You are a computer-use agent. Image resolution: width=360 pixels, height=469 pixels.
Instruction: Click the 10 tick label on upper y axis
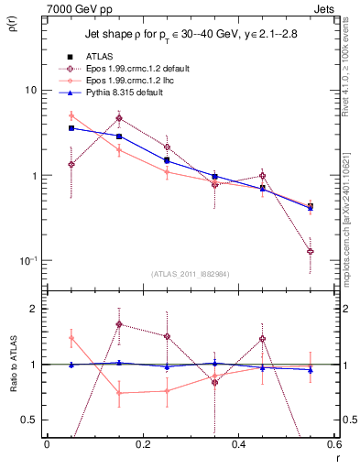pos(31,91)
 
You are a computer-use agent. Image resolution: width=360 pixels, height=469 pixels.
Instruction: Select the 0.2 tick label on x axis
pos(142,444)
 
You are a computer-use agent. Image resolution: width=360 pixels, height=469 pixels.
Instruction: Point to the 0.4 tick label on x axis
pos(238,444)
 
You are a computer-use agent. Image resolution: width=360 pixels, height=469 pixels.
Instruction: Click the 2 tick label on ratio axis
pos(35,309)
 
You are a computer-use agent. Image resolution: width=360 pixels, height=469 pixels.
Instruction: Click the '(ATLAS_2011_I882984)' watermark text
pos(190,273)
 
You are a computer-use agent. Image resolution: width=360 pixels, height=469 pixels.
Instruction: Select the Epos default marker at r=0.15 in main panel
pos(119,118)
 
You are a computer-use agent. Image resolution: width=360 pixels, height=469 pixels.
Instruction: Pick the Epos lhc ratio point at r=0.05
pos(71,338)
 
